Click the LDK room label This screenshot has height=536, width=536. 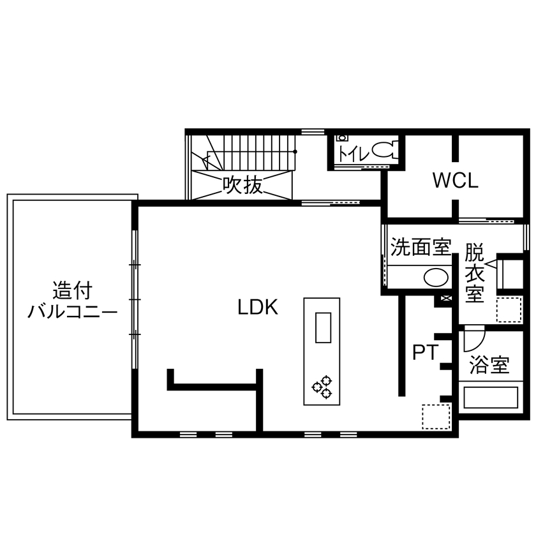point(258,308)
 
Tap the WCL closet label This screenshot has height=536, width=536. point(455,181)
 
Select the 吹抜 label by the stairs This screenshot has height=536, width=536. point(242,185)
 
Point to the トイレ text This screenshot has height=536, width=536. point(351,153)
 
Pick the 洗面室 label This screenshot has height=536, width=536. point(420,247)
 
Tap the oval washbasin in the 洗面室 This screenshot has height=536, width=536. point(436,277)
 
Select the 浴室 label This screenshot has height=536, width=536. point(489,366)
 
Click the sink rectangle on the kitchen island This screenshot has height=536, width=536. point(323,329)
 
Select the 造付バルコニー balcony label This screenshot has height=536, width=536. point(73,301)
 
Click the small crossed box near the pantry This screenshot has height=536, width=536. point(445,299)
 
